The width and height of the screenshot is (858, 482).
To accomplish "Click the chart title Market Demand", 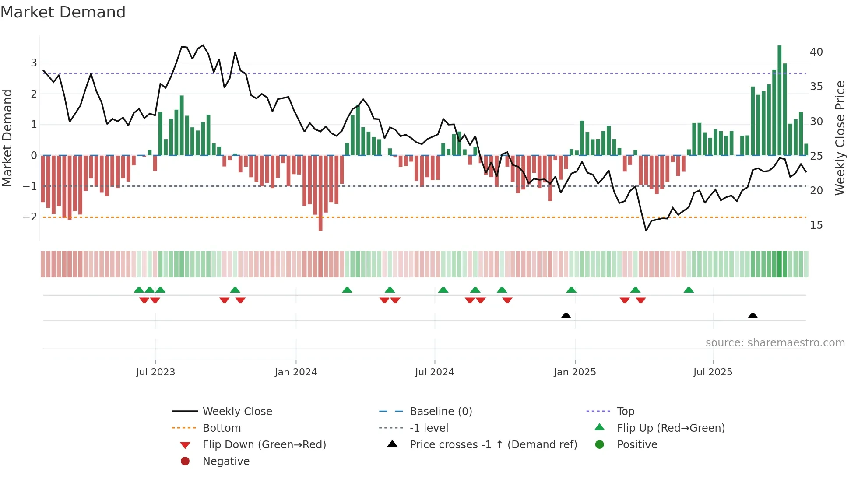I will point(63,12).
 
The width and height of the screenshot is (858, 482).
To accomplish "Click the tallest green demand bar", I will point(779,101).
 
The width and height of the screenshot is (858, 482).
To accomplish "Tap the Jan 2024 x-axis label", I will point(295,372).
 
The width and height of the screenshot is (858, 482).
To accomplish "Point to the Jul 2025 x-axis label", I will point(713,372).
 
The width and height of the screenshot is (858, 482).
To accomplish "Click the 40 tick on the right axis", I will point(816,52).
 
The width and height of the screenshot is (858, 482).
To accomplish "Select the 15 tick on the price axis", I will point(816,225).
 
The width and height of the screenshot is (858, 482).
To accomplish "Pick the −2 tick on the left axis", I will point(30,217).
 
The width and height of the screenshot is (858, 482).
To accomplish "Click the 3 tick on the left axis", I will point(34,63).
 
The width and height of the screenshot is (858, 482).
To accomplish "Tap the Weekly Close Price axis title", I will point(840,138).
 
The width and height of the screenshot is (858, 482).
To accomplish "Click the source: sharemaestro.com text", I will point(775,343).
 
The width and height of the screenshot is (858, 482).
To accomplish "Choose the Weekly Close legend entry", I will point(237,412).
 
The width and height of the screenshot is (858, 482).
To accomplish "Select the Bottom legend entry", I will point(222,428).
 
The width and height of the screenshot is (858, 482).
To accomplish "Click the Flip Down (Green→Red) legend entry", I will point(264,445).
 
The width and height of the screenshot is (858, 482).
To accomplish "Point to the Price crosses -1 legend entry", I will point(493,445).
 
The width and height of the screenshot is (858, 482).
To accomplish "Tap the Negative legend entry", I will point(226,461).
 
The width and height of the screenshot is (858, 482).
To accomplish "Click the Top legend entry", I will point(625,412).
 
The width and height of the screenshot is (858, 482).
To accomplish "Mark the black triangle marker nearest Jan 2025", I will point(566,315).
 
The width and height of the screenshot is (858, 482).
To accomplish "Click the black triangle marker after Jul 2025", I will point(753,315).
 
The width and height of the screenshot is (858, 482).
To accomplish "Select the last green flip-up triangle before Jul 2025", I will point(689,290).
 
